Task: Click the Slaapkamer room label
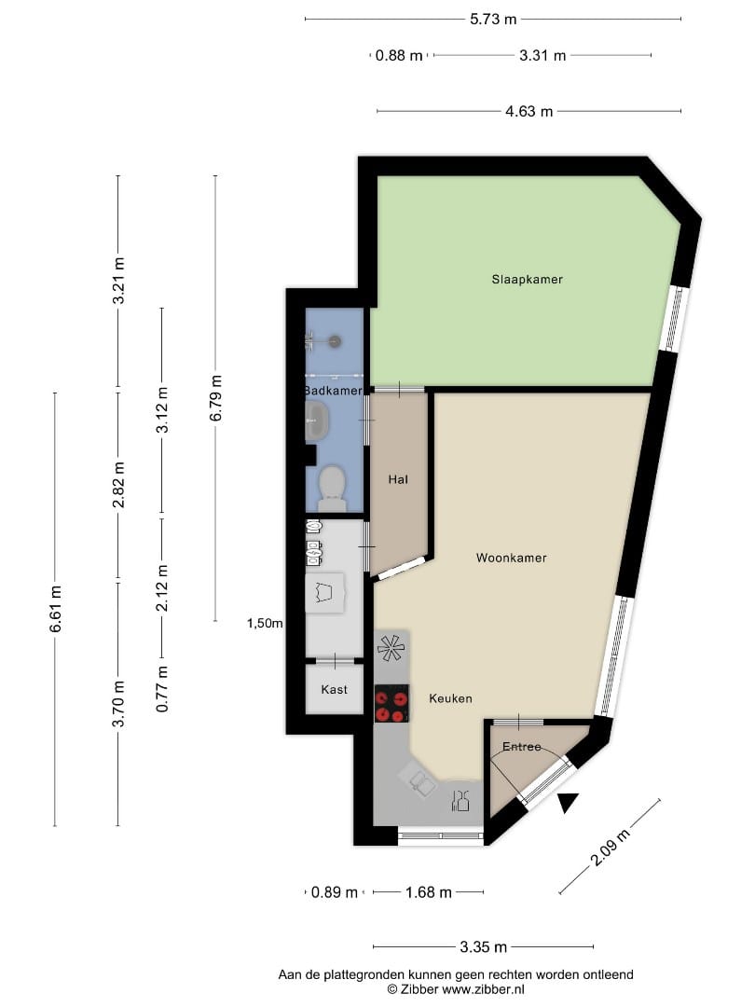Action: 528,279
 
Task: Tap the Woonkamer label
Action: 511,559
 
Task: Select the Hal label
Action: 399,479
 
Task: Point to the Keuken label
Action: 450,697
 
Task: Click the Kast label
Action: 334,689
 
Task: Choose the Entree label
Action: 522,747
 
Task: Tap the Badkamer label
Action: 333,391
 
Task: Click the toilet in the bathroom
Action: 332,487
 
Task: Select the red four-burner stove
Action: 391,704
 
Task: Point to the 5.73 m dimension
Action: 493,19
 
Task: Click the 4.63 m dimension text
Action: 528,111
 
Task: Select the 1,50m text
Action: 265,623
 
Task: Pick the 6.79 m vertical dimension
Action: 215,398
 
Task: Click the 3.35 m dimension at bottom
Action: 483,947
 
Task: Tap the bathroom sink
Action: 317,422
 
